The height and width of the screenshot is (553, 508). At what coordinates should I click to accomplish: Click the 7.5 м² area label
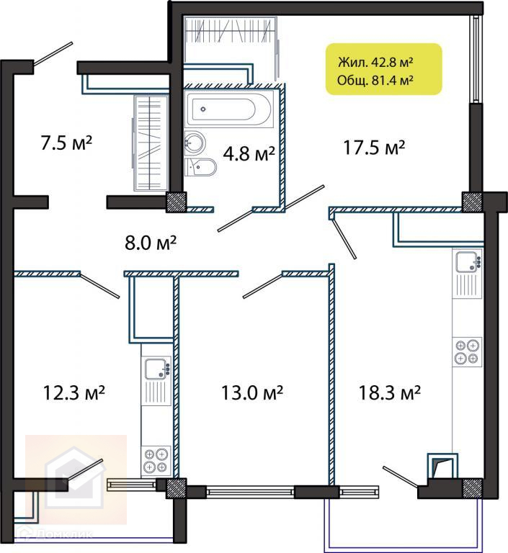(x=66, y=143)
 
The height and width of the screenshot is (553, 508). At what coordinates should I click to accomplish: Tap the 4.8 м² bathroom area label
(x=249, y=153)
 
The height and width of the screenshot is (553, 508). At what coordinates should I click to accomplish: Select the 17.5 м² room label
(x=374, y=148)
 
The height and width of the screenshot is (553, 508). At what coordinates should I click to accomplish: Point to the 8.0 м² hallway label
(x=151, y=243)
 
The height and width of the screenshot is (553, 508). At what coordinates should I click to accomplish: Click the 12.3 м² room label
(x=73, y=392)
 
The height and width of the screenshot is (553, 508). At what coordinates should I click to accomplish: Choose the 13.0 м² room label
(x=252, y=392)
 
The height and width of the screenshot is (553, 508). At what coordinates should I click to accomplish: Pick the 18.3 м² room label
(x=390, y=392)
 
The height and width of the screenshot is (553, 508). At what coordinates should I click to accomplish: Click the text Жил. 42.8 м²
(x=375, y=63)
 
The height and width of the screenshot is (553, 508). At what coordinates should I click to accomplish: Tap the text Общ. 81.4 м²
(x=375, y=81)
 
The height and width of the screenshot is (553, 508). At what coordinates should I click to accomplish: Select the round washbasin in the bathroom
(x=195, y=142)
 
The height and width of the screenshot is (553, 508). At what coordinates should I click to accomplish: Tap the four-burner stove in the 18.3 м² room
(x=467, y=352)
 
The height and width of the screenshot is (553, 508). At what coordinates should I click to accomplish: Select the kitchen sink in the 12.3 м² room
(x=157, y=368)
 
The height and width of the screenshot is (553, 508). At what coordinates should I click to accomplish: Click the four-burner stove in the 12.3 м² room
(x=156, y=460)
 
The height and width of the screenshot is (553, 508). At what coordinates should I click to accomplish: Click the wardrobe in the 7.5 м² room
(x=150, y=143)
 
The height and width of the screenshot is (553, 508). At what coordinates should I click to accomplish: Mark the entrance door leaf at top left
(x=53, y=54)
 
